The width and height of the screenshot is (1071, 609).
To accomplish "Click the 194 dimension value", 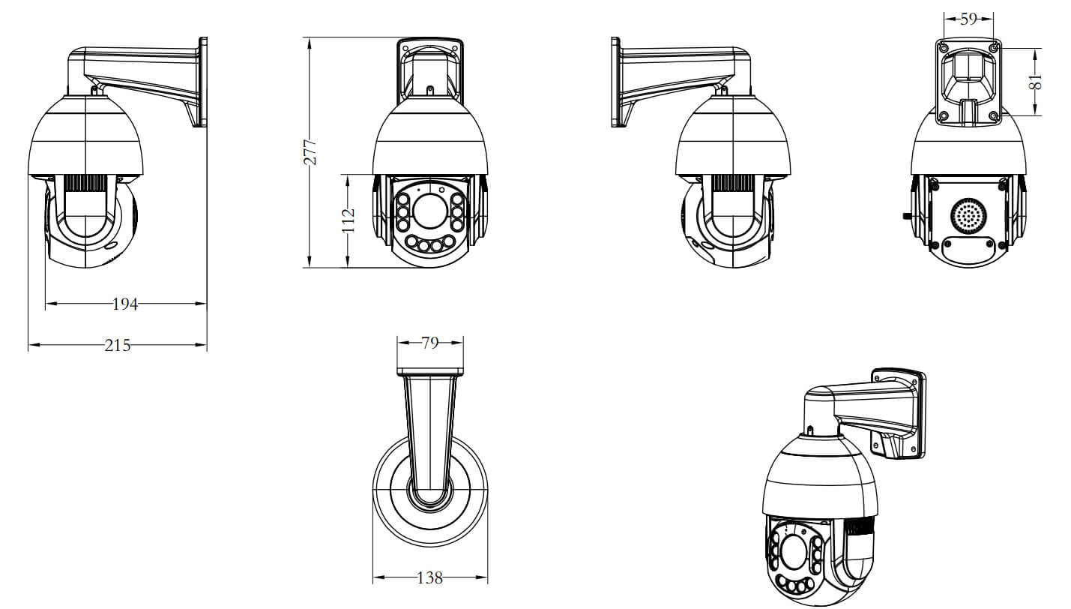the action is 125,304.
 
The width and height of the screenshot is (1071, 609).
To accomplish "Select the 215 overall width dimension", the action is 118,345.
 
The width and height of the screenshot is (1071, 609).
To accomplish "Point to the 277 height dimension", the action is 310,152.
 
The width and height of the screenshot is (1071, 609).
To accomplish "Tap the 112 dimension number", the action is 349,220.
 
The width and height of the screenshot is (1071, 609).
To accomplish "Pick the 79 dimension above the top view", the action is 430,343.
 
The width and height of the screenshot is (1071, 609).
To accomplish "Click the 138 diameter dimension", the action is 430,578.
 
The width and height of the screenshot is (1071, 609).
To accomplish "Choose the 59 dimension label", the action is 968,19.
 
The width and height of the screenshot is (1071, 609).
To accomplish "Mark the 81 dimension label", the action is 1035,82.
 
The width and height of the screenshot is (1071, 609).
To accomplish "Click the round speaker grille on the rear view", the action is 968,219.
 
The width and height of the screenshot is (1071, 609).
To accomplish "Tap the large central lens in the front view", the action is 429,211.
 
